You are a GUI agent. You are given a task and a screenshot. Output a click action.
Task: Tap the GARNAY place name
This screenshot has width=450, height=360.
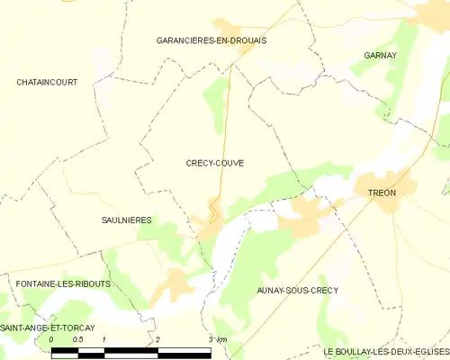(x=381, y=56)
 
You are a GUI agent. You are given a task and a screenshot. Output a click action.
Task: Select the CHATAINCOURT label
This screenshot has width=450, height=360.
(x=47, y=82)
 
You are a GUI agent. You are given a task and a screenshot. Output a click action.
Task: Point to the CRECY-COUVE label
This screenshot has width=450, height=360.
(x=214, y=163)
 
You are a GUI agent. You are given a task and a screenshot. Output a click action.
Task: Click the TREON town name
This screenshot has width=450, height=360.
(x=382, y=193)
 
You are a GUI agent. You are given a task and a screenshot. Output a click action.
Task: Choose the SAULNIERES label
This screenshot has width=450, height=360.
(x=125, y=220)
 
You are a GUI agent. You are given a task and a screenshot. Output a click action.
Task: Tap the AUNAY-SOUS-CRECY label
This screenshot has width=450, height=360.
(x=298, y=290)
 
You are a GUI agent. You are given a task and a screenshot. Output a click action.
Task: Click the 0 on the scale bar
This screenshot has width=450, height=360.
(x=51, y=339)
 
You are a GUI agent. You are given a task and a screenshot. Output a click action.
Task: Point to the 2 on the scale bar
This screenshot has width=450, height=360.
(x=158, y=339)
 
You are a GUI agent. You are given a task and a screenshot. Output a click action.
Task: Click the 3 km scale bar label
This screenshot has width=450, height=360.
(x=217, y=339)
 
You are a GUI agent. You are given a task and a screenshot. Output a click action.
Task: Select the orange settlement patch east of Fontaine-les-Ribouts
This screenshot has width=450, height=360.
(x=177, y=285)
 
